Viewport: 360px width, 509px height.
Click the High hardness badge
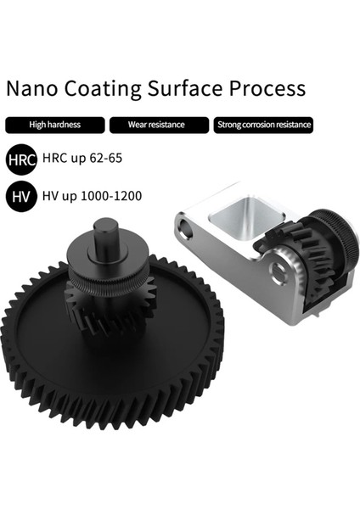point(54,126)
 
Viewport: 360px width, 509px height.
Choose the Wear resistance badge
point(156,126)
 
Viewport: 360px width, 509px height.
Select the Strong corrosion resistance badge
point(263,126)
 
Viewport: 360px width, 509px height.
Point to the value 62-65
point(114,160)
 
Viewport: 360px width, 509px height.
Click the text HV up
point(53,197)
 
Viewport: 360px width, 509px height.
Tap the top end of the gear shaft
point(107,225)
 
